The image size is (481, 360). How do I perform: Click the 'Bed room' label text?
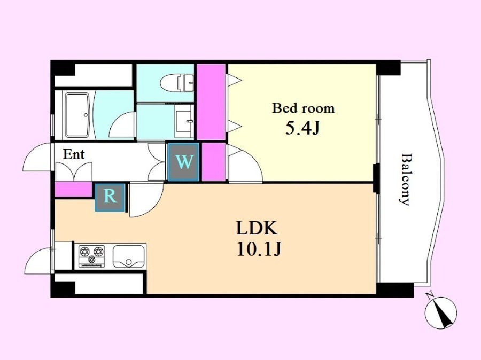pos(304,108)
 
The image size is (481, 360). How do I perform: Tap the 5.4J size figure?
pos(303,128)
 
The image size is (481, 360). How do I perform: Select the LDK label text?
pos(257,228)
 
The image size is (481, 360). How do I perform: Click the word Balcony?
pos(405,179)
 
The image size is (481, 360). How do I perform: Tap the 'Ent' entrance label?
pos(74,154)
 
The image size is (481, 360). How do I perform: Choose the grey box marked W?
pos(183,162)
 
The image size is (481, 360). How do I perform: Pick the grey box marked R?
pos(110,197)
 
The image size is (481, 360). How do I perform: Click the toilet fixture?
pos(177,83)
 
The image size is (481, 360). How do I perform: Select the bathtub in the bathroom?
pos(77,115)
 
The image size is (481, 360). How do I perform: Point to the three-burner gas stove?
pos(91,255)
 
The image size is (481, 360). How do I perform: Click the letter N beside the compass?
pos(430,296)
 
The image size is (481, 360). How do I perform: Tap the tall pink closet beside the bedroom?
pos(211,103)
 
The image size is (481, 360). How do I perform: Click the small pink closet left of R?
pos(74,189)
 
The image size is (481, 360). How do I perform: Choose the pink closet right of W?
pos(213,162)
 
